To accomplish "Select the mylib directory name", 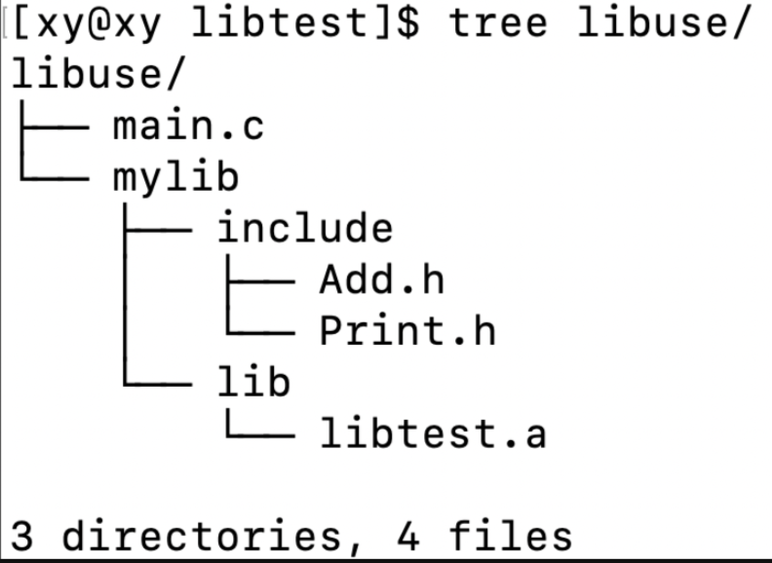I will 175,177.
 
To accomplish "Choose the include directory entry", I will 304,229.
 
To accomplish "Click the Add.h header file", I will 381,280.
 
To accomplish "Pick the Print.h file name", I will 407,331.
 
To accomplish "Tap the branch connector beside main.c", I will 57,127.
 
